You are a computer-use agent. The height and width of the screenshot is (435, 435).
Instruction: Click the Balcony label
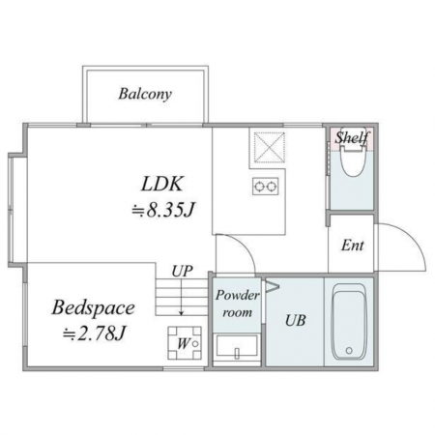[x=145, y=94]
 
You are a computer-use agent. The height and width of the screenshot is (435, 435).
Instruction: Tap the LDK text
[x=162, y=184]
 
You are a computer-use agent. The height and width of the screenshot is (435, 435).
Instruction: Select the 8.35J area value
[x=162, y=211]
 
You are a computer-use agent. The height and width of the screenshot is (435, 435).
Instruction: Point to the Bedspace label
[x=93, y=308]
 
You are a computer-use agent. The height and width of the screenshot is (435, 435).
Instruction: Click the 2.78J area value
[x=94, y=333]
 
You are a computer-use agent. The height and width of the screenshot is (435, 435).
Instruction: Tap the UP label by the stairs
[x=182, y=272]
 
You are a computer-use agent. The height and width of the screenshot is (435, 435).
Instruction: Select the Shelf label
[x=352, y=137]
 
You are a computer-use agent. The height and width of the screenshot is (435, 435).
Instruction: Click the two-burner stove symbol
[x=266, y=186]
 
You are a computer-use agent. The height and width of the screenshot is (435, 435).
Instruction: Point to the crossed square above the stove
[x=270, y=147]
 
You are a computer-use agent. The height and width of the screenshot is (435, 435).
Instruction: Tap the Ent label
[x=353, y=246]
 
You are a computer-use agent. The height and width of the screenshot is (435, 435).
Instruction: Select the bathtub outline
[x=349, y=322]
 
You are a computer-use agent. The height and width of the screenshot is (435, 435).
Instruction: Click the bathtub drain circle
[x=349, y=350]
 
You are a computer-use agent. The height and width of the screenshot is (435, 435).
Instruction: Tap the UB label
[x=296, y=321]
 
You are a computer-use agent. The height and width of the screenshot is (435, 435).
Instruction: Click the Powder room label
[x=238, y=304]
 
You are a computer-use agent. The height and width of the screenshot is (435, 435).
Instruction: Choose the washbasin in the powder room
[x=237, y=346]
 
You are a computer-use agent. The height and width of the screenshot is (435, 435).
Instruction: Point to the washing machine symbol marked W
[x=185, y=343]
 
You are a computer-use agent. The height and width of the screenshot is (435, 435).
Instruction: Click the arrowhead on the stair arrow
[x=182, y=313]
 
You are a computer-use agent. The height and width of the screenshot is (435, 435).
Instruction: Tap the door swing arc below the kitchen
[x=244, y=246]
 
